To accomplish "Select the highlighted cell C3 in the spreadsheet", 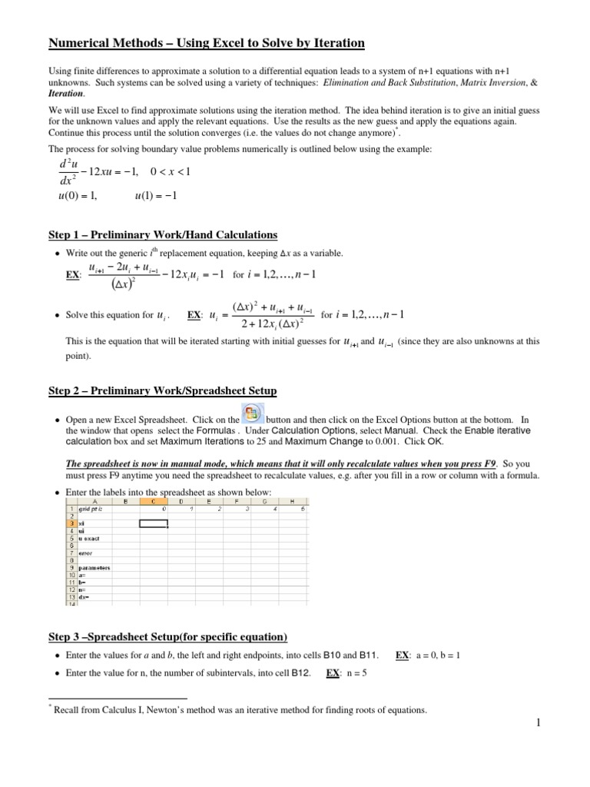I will click(154, 523).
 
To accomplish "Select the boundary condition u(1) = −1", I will click(156, 195).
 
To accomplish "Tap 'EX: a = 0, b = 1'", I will click(427, 655).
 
